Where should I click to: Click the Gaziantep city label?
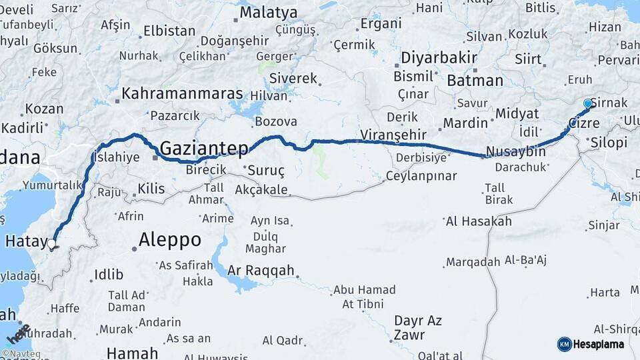point(204,147)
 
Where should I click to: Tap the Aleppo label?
point(169,239)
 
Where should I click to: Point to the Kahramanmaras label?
point(182,93)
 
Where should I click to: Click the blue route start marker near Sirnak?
point(587,103)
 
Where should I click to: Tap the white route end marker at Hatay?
point(51,244)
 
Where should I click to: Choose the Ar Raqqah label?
point(261,271)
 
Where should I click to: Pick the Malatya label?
point(268,12)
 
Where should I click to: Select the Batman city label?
point(475,81)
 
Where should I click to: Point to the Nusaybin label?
point(515,151)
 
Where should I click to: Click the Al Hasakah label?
point(479,221)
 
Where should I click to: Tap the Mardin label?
point(465,123)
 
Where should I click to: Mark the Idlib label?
point(109,274)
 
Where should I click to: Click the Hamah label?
point(132,353)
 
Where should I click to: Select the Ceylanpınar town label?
point(421,176)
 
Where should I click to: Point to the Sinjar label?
point(604,225)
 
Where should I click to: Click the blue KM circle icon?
point(564,344)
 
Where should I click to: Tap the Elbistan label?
point(169,31)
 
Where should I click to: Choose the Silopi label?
point(609,143)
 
